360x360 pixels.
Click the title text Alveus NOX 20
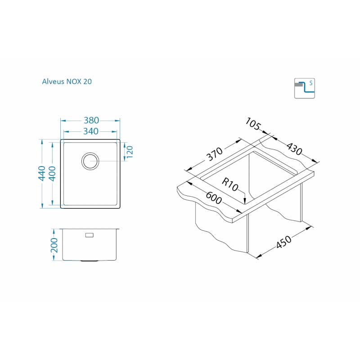tap(67, 81)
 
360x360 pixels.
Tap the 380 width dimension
tap(91, 120)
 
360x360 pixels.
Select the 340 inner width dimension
tap(91, 131)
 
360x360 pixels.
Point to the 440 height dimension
tap(42, 173)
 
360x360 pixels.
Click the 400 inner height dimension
tap(52, 174)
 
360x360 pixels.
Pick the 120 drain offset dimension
tap(130, 152)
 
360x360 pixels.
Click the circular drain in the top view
tap(90, 161)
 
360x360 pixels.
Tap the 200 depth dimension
tap(54, 245)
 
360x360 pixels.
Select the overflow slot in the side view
tap(89, 235)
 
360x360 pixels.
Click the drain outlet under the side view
tap(90, 261)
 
